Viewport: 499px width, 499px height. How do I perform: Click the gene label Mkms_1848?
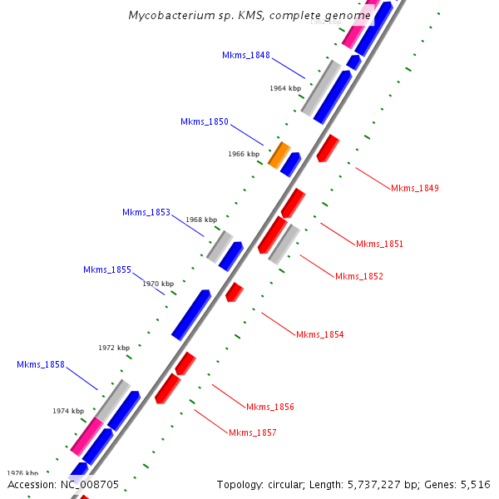(x=245, y=55)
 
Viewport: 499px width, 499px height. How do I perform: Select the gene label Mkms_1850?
(x=204, y=121)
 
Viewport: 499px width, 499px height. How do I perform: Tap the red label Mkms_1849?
(x=414, y=188)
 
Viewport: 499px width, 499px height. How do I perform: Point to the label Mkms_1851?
(x=379, y=244)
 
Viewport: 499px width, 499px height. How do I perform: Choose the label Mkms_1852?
(x=359, y=276)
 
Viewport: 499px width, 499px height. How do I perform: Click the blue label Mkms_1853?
(x=146, y=212)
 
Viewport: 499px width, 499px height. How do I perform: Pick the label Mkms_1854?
(x=319, y=334)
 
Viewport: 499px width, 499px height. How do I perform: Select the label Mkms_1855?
(x=106, y=269)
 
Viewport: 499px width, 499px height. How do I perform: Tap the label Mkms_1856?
(x=269, y=407)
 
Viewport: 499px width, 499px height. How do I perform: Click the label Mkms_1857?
(x=252, y=432)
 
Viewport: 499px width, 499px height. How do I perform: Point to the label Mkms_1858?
(x=40, y=364)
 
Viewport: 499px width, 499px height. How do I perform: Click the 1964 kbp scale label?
(x=284, y=87)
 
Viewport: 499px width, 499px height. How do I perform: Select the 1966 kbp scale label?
(x=244, y=154)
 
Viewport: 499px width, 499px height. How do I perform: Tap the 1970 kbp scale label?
(x=158, y=284)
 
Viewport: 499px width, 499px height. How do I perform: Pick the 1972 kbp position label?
(x=114, y=348)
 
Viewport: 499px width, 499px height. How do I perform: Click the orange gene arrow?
(x=279, y=154)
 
